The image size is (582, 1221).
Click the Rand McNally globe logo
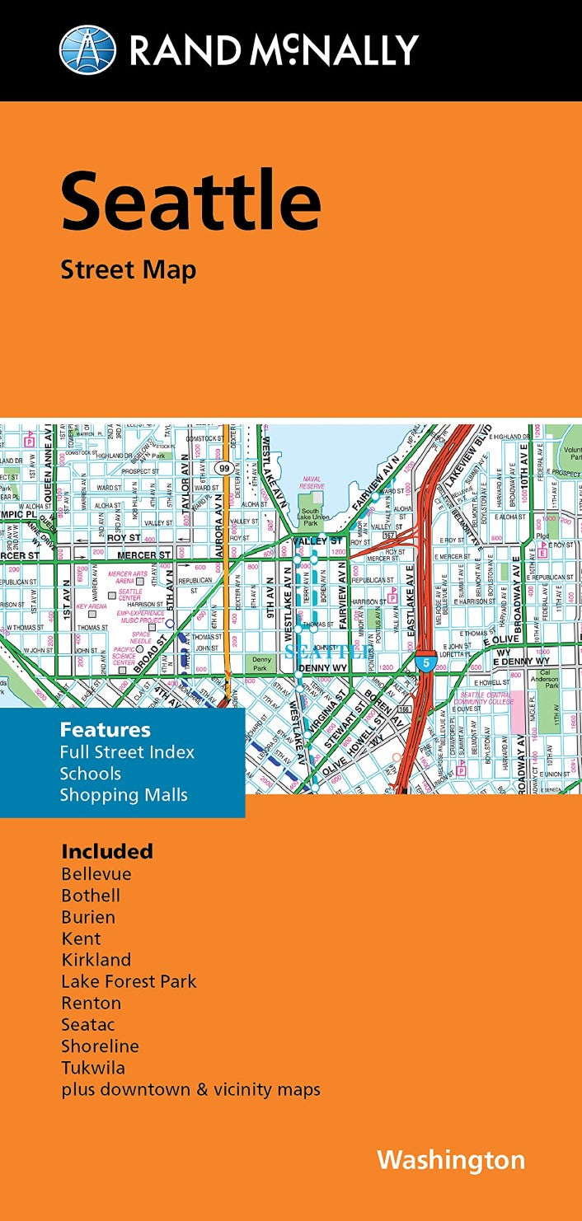(88, 49)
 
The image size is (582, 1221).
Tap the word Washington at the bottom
(451, 1160)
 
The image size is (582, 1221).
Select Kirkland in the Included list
(96, 960)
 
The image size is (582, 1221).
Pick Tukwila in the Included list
(93, 1068)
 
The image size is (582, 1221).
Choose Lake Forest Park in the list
(129, 981)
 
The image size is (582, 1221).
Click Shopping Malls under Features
(124, 795)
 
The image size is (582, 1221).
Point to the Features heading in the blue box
(105, 730)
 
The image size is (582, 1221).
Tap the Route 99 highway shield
(224, 468)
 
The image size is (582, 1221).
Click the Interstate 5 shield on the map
(423, 662)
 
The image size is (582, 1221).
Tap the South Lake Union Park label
(311, 517)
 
